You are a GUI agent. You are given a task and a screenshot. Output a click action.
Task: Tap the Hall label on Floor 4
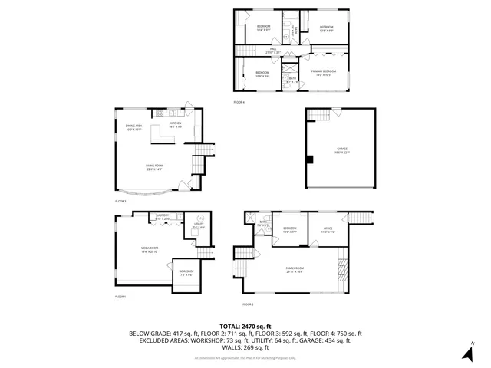pos(273,51)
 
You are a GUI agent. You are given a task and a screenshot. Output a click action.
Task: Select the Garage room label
pos(341,149)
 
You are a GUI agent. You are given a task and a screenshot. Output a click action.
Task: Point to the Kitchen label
pos(175,125)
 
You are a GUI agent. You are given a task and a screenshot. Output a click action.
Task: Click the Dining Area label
pos(134,127)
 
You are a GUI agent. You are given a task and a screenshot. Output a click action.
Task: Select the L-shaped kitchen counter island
pos(163,136)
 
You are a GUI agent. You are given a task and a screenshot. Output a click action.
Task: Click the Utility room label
pos(199,225)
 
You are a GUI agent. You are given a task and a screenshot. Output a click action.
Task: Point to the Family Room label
pos(294,269)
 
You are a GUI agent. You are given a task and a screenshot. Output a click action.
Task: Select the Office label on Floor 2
pos(328,229)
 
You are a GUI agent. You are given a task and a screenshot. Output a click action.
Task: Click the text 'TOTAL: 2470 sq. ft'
pos(245,326)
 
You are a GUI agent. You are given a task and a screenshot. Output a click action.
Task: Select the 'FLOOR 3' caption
pos(120,201)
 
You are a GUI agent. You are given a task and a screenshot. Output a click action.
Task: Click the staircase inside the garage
pos(320,114)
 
